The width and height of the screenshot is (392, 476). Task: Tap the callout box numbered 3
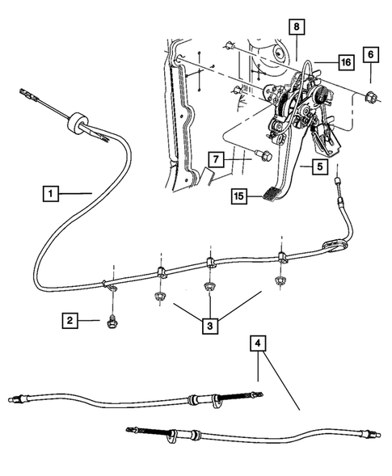point(212,326)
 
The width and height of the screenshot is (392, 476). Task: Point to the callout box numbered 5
point(319,167)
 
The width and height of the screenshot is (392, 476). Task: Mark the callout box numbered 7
point(215,158)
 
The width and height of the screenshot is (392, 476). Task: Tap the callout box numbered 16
point(345,61)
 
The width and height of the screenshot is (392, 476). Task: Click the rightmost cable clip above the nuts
point(282,259)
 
